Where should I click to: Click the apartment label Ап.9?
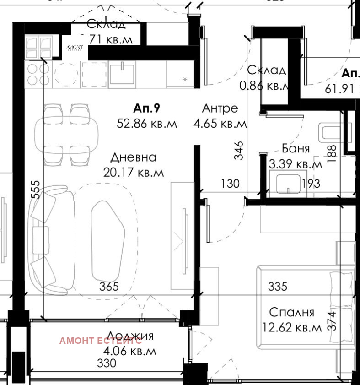click(146, 108)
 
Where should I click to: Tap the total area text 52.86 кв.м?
click(146, 124)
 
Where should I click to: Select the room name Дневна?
click(133, 157)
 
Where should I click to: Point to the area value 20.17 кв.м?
click(133, 173)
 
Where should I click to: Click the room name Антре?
click(220, 108)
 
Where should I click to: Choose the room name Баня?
click(296, 149)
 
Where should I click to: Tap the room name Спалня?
click(291, 312)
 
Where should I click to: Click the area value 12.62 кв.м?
click(292, 327)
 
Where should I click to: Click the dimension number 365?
click(109, 287)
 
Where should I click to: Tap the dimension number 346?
click(239, 150)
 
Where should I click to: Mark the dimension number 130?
click(230, 184)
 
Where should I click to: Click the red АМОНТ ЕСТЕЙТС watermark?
click(101, 341)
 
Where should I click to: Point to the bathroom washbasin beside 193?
click(288, 183)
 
